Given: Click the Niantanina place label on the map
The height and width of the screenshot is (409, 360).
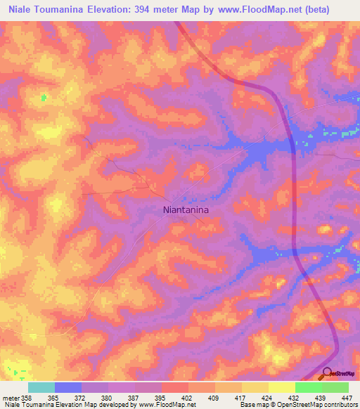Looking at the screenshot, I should pos(186,209).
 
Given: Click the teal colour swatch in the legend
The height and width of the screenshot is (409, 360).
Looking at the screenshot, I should pos(41,387).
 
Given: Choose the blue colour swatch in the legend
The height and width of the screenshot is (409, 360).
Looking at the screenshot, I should pos(68,387).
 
